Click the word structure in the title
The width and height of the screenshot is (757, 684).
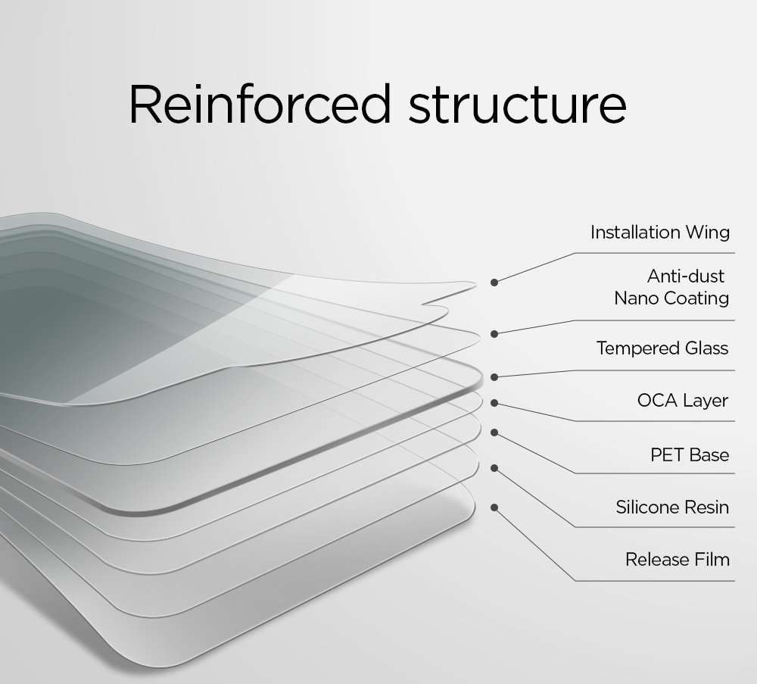(517, 106)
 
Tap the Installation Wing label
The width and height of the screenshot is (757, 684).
(659, 233)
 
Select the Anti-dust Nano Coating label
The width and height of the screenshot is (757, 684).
(671, 287)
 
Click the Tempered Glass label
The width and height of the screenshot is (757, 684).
(662, 348)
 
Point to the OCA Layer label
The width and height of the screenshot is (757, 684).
(683, 401)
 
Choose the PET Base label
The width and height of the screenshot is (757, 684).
(690, 455)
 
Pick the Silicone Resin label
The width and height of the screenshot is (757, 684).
(672, 507)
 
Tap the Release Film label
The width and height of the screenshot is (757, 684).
(678, 560)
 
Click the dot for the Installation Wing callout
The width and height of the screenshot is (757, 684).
(494, 282)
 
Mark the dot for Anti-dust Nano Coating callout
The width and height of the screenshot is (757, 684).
(494, 333)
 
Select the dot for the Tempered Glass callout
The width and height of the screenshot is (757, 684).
(494, 376)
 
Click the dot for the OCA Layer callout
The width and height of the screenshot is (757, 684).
(494, 402)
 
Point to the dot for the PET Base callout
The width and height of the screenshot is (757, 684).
(494, 433)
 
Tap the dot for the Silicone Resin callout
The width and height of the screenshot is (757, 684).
(494, 469)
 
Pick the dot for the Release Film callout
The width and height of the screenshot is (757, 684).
(494, 507)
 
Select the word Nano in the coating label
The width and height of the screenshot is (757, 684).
(637, 298)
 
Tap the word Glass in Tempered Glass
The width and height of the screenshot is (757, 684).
(706, 348)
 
